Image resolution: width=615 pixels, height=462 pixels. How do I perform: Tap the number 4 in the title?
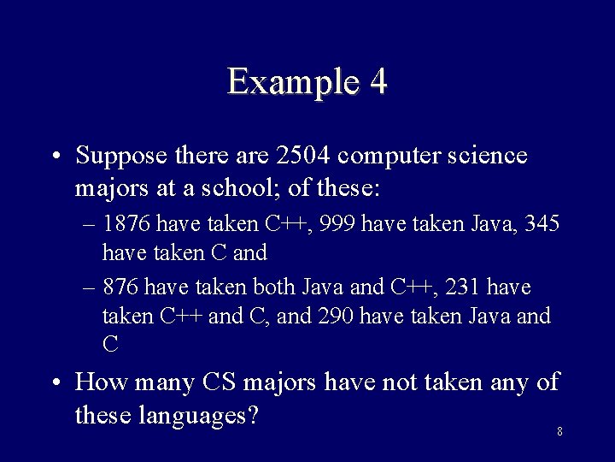click(x=378, y=82)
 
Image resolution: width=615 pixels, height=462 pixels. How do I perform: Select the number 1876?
click(x=127, y=224)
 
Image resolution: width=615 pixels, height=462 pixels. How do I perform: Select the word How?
click(x=98, y=382)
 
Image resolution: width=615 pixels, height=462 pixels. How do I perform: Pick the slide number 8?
click(x=559, y=431)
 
